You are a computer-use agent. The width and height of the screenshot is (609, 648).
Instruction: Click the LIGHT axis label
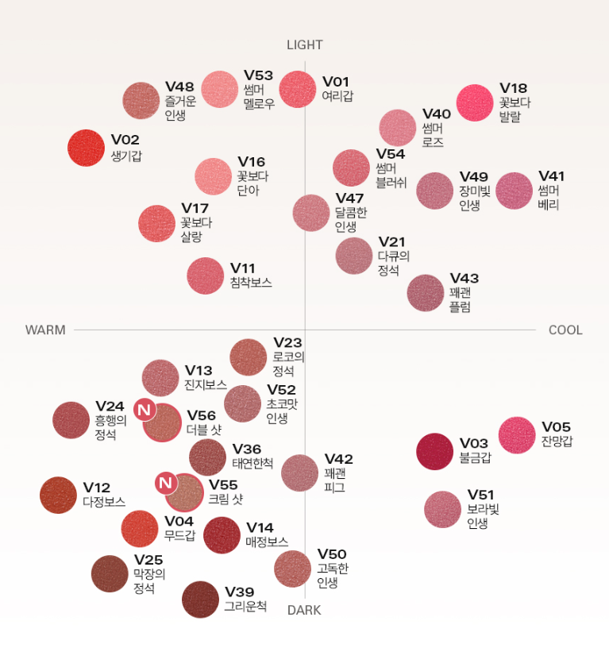click(x=305, y=45)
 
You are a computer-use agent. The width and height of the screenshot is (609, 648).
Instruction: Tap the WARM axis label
click(x=45, y=330)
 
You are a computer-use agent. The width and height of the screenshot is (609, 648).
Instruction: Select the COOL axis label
click(x=565, y=330)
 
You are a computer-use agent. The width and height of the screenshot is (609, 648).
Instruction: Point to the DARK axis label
click(x=304, y=610)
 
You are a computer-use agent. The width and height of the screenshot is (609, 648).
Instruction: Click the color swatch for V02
click(x=87, y=148)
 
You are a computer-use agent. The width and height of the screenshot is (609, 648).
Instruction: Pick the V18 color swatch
click(x=475, y=103)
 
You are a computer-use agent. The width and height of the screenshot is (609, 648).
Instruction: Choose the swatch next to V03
click(x=435, y=451)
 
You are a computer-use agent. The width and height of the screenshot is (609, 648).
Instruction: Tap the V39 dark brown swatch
click(x=200, y=600)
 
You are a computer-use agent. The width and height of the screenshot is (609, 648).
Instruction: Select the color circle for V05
click(x=517, y=434)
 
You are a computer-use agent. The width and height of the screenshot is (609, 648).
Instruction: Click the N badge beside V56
click(x=144, y=409)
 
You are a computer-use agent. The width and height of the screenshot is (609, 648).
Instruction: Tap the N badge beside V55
click(x=165, y=483)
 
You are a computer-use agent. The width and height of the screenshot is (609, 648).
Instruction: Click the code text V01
click(x=336, y=82)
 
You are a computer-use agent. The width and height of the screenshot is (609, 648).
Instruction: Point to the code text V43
click(x=464, y=278)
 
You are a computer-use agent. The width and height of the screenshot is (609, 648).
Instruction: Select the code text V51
click(x=480, y=496)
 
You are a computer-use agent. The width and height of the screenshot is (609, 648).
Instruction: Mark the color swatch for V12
click(x=58, y=495)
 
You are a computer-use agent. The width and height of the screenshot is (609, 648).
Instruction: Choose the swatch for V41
click(x=514, y=191)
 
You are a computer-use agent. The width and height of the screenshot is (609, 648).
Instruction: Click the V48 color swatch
click(x=141, y=101)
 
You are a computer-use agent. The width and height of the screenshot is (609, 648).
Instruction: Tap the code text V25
click(x=148, y=561)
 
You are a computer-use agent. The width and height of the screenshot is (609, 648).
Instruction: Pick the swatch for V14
click(x=222, y=535)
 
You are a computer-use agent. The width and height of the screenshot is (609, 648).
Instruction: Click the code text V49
click(x=474, y=176)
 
